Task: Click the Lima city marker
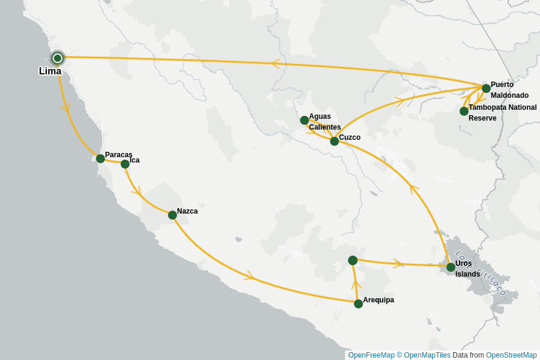click(58, 58)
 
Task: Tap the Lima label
click(50, 71)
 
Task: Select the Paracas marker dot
click(100, 158)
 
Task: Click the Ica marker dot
click(125, 164)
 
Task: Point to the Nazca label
click(187, 211)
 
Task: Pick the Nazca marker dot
click(172, 215)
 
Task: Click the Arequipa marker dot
click(358, 304)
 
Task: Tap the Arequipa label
click(379, 300)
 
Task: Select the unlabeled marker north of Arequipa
click(353, 260)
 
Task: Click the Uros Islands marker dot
click(451, 267)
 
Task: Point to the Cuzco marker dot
click(334, 141)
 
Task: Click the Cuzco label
click(350, 137)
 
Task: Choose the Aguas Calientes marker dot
click(304, 120)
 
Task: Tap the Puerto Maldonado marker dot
click(486, 88)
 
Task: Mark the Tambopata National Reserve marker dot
click(464, 111)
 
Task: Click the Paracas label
click(118, 155)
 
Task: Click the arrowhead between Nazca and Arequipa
click(250, 277)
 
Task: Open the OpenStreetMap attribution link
click(511, 355)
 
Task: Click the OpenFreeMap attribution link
click(371, 355)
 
